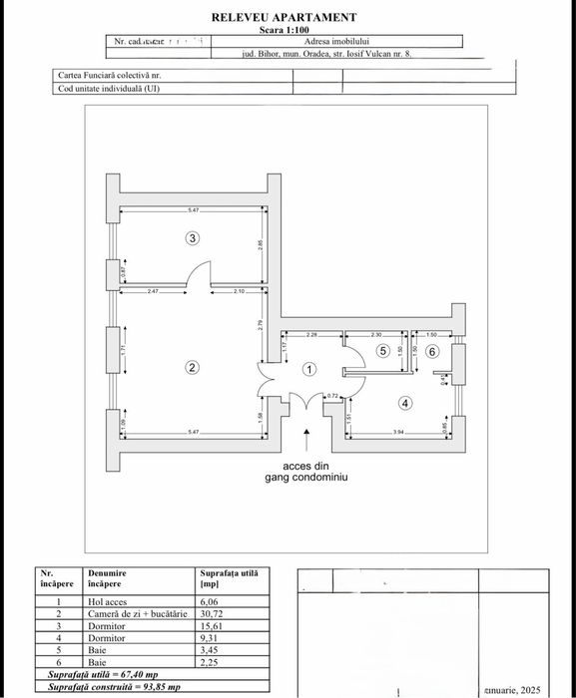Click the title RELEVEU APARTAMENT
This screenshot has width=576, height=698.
click(x=284, y=17)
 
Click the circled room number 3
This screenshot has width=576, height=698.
click(x=193, y=237)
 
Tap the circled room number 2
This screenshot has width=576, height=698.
click(x=192, y=367)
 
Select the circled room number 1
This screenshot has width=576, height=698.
click(x=308, y=369)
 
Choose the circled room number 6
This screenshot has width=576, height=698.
click(x=432, y=351)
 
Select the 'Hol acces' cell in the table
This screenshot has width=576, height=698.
click(x=108, y=602)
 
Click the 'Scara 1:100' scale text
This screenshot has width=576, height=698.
click(x=285, y=30)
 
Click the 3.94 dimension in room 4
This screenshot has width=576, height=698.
click(x=397, y=432)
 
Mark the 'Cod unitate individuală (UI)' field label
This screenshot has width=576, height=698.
click(x=109, y=88)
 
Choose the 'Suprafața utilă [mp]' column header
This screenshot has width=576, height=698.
click(x=229, y=579)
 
